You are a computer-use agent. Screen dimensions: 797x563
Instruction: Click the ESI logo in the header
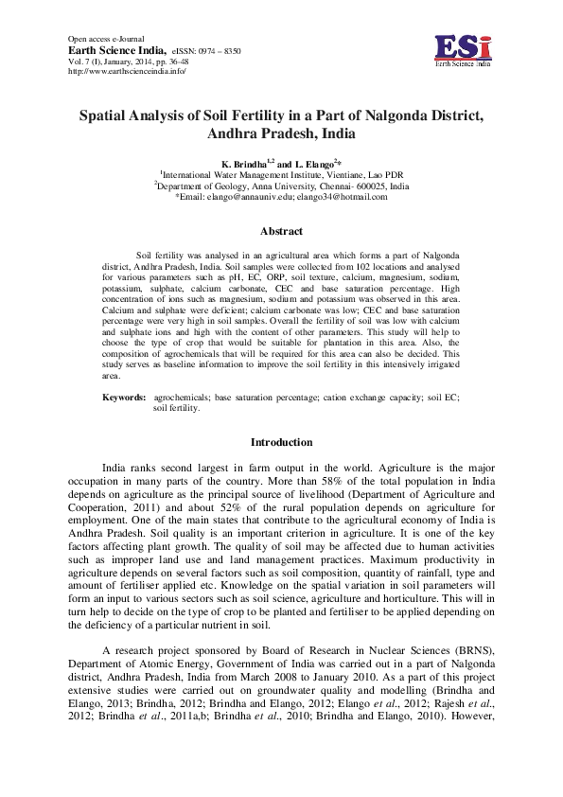[x=464, y=48]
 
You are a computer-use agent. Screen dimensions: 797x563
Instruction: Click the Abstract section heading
[x=281, y=232]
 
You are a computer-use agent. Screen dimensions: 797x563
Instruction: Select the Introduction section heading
[x=281, y=442]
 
